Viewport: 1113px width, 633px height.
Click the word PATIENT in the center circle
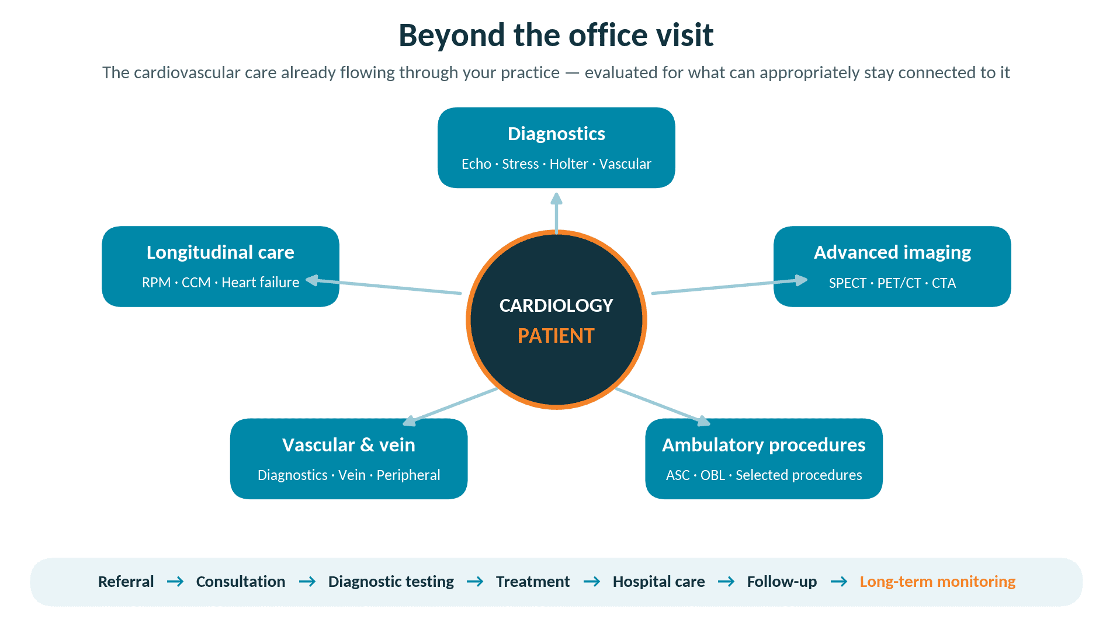pyautogui.click(x=556, y=336)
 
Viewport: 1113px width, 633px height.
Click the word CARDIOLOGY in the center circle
pyautogui.click(x=556, y=305)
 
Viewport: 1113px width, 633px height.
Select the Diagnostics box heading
pyautogui.click(x=556, y=134)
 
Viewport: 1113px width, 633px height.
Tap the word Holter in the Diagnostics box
pyautogui.click(x=568, y=164)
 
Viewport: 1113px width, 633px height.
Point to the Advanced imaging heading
pyautogui.click(x=892, y=252)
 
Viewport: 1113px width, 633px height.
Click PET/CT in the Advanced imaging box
pyautogui.click(x=899, y=283)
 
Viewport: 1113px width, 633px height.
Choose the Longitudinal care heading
pyautogui.click(x=220, y=252)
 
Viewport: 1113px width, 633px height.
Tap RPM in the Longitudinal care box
pyautogui.click(x=156, y=283)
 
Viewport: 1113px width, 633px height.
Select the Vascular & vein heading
pyautogui.click(x=349, y=445)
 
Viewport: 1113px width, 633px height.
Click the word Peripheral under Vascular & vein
pyautogui.click(x=408, y=475)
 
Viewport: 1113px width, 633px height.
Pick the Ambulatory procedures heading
pyautogui.click(x=764, y=445)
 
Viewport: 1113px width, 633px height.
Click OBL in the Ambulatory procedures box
pyautogui.click(x=712, y=475)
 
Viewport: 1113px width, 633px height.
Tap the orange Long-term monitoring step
pyautogui.click(x=937, y=582)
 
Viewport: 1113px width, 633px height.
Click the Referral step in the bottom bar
pyautogui.click(x=126, y=582)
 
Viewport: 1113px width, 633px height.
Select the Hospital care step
pyautogui.click(x=658, y=582)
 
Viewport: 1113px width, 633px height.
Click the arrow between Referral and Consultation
pyautogui.click(x=175, y=582)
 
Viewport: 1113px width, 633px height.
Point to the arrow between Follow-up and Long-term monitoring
pyautogui.click(x=839, y=582)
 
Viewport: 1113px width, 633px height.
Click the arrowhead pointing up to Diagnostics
pyautogui.click(x=557, y=199)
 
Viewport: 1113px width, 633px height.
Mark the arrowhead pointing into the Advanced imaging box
pyautogui.click(x=802, y=280)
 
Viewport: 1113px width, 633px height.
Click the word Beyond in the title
pyautogui.click(x=452, y=36)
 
